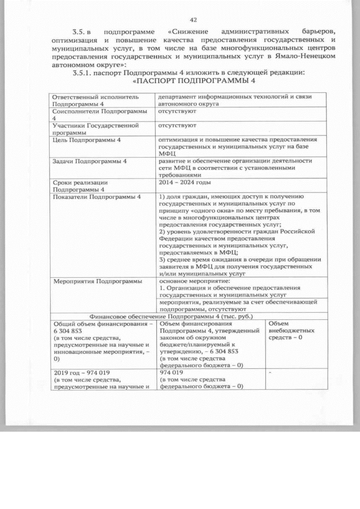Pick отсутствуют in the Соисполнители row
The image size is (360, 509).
tap(177, 112)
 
